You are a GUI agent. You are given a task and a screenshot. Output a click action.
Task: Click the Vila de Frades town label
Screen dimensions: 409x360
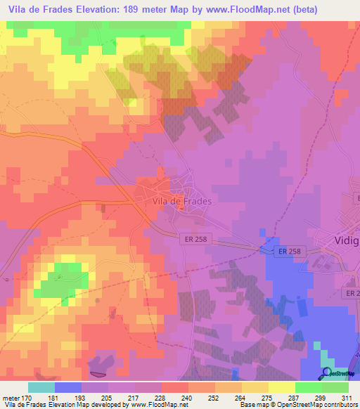[181, 200]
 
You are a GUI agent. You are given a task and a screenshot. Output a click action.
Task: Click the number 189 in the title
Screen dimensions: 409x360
[134, 10]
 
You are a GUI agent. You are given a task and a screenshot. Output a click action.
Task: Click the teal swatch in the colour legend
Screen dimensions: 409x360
[41, 387]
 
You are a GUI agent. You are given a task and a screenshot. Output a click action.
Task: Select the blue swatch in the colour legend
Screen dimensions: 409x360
[68, 387]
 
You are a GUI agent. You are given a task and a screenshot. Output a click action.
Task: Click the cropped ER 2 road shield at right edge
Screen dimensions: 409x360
[351, 292]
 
